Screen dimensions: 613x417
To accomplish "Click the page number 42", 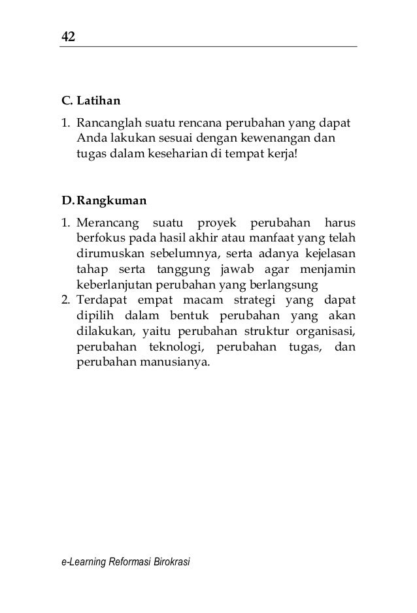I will pos(69,36).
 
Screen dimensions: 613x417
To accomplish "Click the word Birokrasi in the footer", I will pos(169,562).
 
